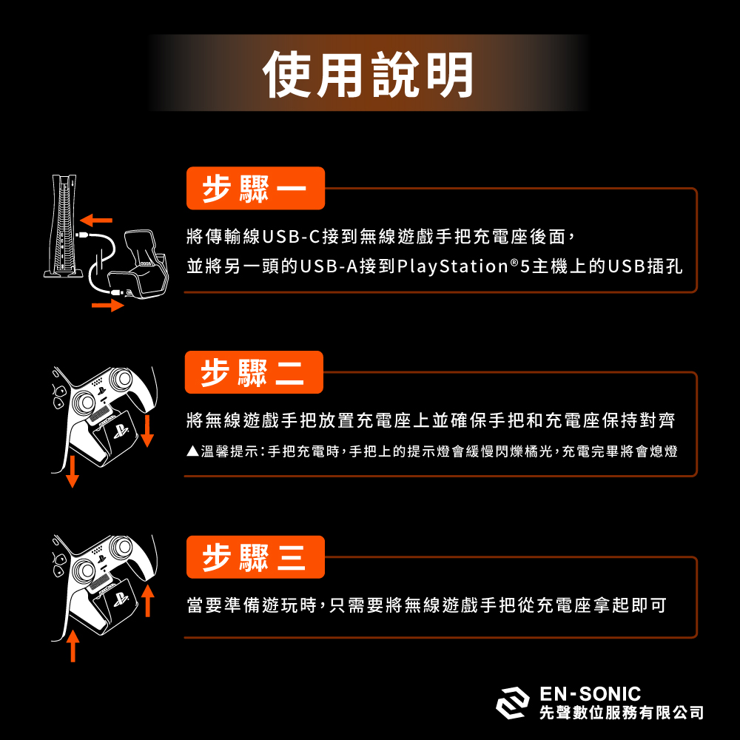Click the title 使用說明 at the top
[368, 75]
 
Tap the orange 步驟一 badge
[255, 189]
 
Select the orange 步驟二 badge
[254, 372]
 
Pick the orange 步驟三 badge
[255, 556]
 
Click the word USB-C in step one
[290, 238]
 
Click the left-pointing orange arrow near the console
[96, 220]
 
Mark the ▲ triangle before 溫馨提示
[191, 451]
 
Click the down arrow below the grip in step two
[72, 471]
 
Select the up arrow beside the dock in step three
[147, 600]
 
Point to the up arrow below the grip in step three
[72, 646]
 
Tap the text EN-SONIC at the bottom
[590, 693]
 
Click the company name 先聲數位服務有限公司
[622, 713]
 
